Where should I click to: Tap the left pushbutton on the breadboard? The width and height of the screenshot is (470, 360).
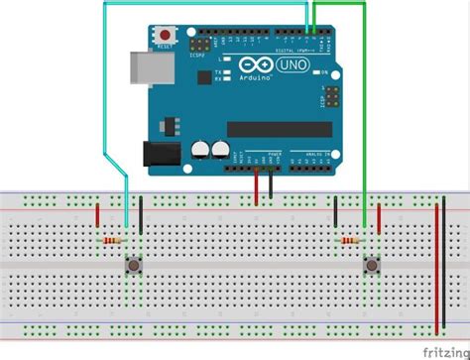coord(132,265)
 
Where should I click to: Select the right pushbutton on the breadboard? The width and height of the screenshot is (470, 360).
coord(373,265)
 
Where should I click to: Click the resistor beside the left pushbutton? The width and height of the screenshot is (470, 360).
coord(115,240)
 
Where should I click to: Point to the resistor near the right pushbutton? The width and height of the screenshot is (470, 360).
coord(350,240)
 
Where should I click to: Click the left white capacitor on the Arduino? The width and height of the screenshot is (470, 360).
coord(199,150)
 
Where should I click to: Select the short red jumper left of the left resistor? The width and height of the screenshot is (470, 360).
coord(97,214)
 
